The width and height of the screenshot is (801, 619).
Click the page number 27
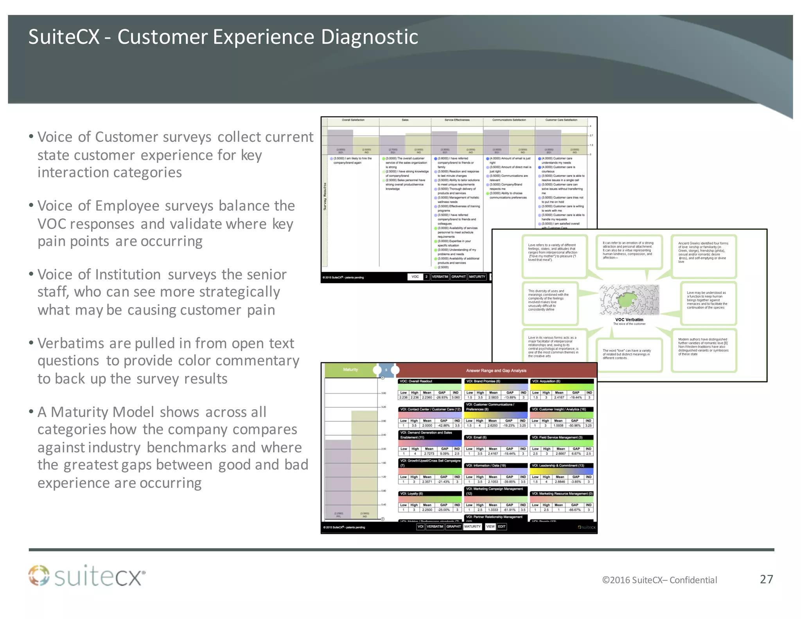point(766,579)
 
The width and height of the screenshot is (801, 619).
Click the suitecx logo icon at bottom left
point(39,576)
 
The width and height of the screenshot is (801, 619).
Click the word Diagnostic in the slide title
point(369,37)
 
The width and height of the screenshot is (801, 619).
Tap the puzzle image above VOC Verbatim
point(629,300)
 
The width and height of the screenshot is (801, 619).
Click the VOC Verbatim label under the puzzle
point(629,320)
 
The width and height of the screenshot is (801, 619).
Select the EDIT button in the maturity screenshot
point(502,527)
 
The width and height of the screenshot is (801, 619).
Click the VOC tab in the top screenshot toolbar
point(415,277)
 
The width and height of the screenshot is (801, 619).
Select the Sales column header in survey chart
point(405,120)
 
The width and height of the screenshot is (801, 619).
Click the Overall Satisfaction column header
point(353,120)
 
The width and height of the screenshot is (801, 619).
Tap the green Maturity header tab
point(350,370)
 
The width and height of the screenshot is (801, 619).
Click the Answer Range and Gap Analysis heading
point(496,371)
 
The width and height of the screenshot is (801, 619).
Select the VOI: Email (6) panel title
point(476,437)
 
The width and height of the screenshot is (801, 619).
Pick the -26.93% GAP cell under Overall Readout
point(442,398)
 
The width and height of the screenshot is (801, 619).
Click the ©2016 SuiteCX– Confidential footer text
point(659,580)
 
